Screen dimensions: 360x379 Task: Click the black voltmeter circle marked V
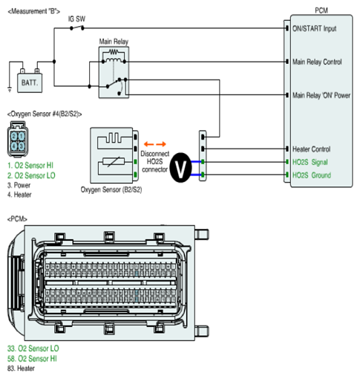click(x=180, y=168)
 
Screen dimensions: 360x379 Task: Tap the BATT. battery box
click(x=30, y=82)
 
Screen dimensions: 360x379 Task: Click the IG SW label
click(x=76, y=19)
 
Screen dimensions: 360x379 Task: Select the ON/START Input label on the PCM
click(x=314, y=28)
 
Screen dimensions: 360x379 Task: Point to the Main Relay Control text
click(x=317, y=62)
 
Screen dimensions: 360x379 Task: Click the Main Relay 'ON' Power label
click(x=321, y=95)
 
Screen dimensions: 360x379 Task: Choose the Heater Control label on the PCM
click(x=311, y=149)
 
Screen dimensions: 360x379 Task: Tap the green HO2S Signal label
click(x=310, y=162)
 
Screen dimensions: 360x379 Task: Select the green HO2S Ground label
click(x=312, y=175)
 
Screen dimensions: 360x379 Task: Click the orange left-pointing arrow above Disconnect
click(x=148, y=144)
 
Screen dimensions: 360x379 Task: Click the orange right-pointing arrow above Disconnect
click(x=161, y=144)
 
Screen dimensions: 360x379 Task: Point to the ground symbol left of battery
click(x=10, y=89)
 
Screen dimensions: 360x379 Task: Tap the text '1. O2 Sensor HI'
click(x=30, y=165)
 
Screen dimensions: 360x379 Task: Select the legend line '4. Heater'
click(x=19, y=195)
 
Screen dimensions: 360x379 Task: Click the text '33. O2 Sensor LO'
click(x=33, y=349)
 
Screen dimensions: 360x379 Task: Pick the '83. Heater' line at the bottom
click(x=21, y=369)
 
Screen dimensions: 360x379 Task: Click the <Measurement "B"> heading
click(x=34, y=11)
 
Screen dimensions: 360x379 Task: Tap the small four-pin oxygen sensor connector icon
click(x=18, y=139)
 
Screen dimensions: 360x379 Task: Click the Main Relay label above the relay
click(x=114, y=42)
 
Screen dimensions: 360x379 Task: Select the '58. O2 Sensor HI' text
click(x=32, y=358)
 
